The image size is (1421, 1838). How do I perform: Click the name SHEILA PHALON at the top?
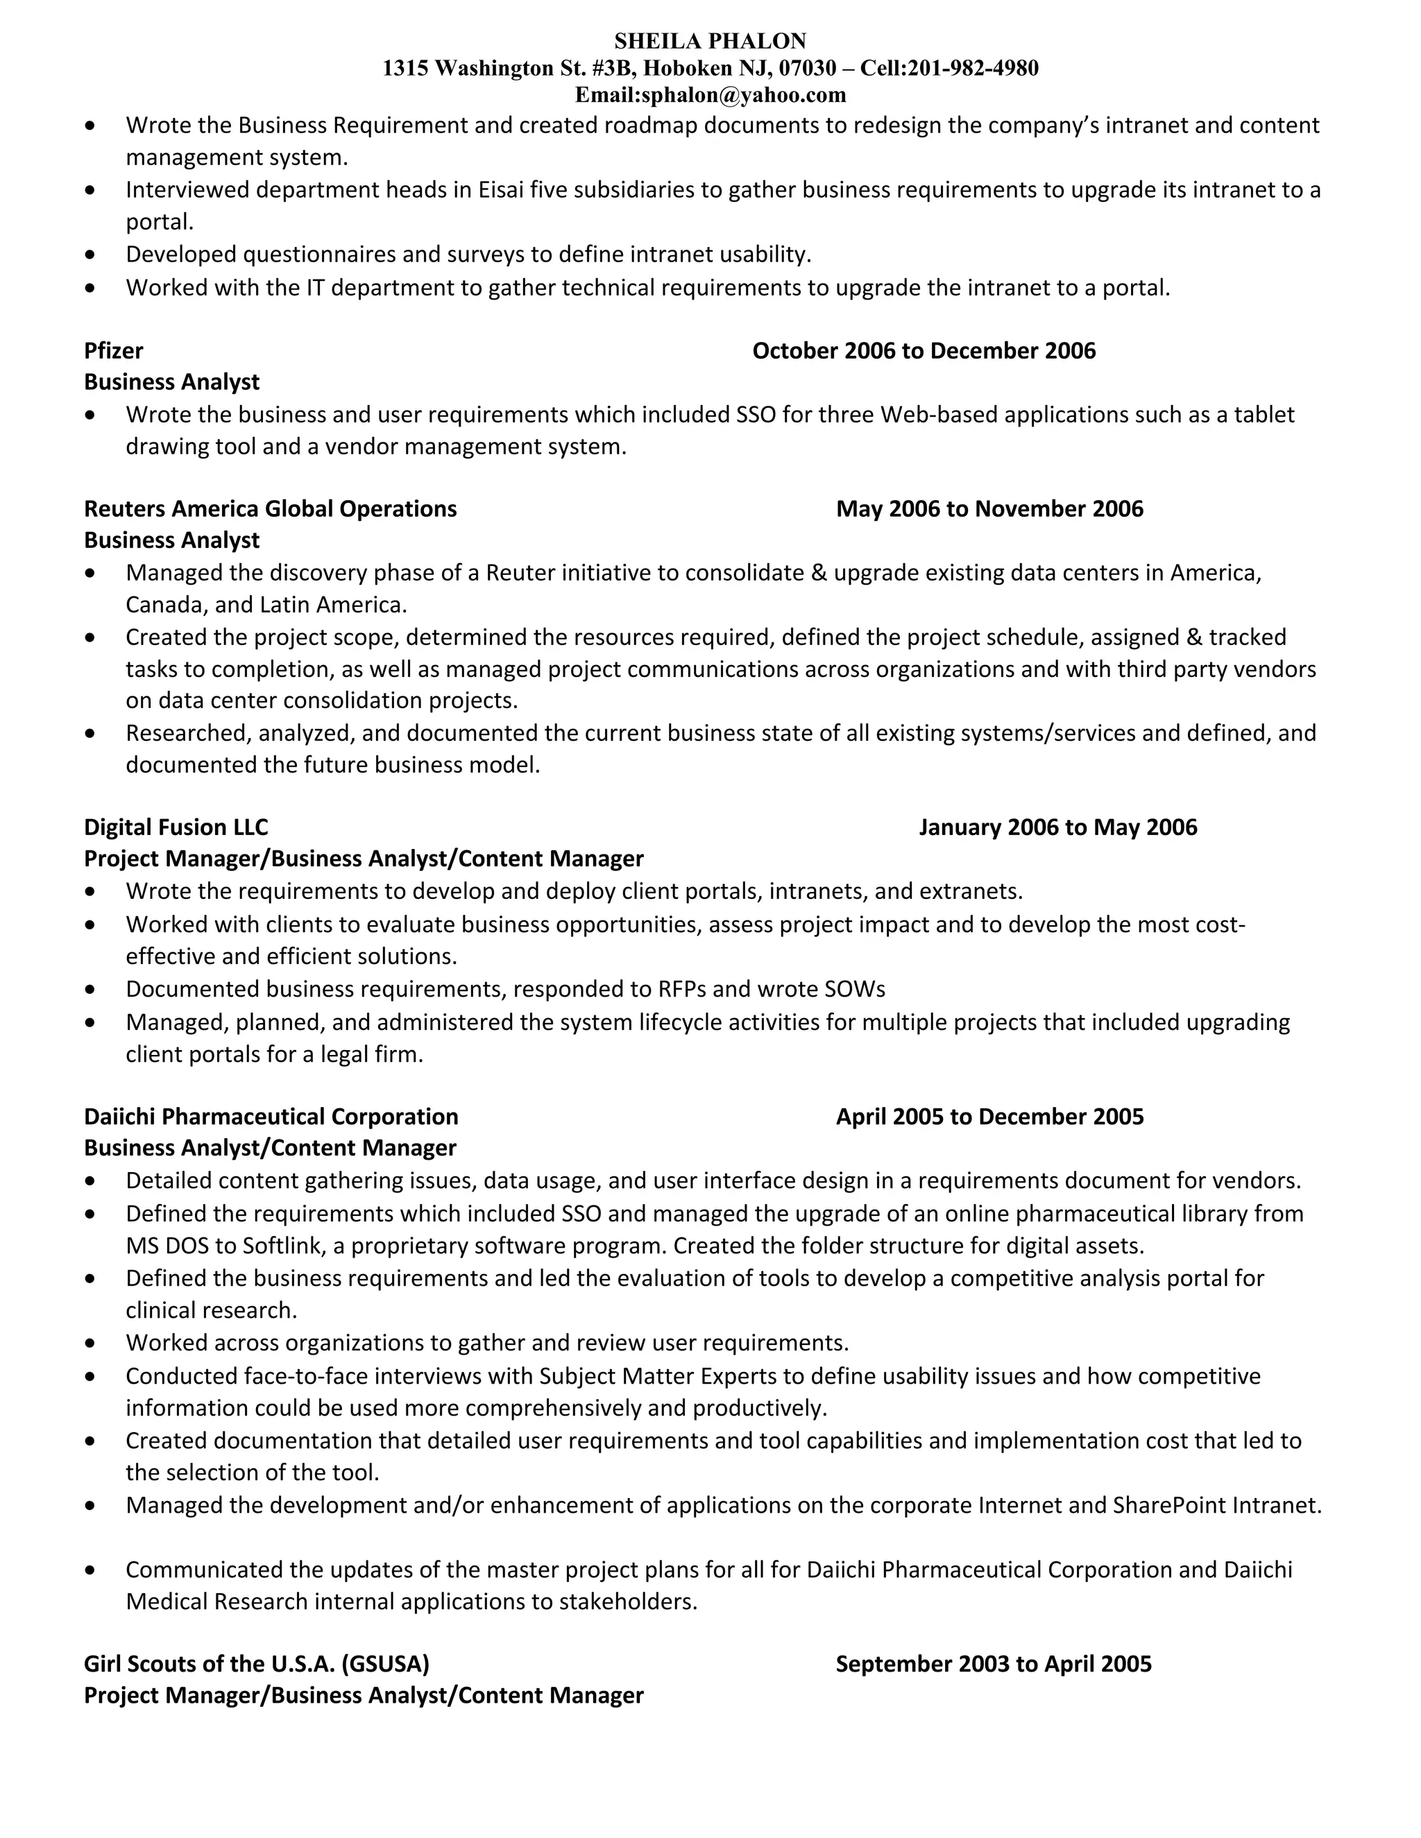(710, 41)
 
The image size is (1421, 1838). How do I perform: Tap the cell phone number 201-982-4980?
(973, 68)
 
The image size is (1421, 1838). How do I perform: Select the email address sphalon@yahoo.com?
(743, 95)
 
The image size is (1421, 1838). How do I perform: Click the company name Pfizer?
(114, 351)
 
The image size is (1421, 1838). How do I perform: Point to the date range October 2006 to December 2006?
(924, 351)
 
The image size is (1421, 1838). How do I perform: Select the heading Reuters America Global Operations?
(270, 509)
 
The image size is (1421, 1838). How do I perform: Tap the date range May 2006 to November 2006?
(989, 509)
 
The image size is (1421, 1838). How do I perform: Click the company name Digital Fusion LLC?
(176, 827)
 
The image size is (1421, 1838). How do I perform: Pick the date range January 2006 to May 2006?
(1057, 827)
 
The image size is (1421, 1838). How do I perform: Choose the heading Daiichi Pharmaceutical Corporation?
(271, 1117)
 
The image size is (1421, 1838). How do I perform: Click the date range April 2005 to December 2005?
(989, 1117)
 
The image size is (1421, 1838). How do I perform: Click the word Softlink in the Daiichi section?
(281, 1246)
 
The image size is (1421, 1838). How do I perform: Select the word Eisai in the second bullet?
(501, 190)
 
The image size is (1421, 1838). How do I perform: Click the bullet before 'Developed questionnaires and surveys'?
(90, 255)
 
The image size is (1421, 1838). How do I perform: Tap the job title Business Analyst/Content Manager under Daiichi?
(270, 1148)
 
